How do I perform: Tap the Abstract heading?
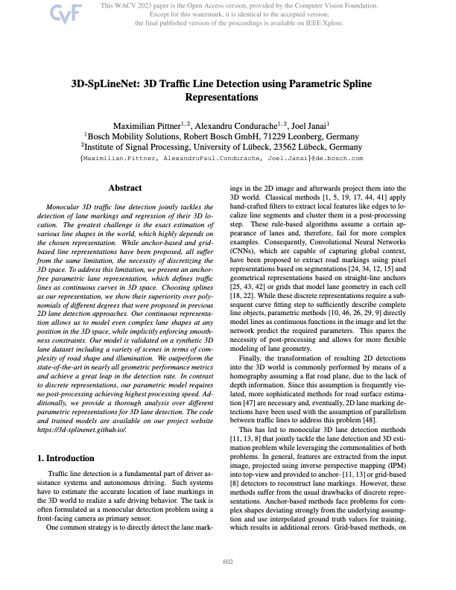pos(125,188)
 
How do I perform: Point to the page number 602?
pos(228,562)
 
